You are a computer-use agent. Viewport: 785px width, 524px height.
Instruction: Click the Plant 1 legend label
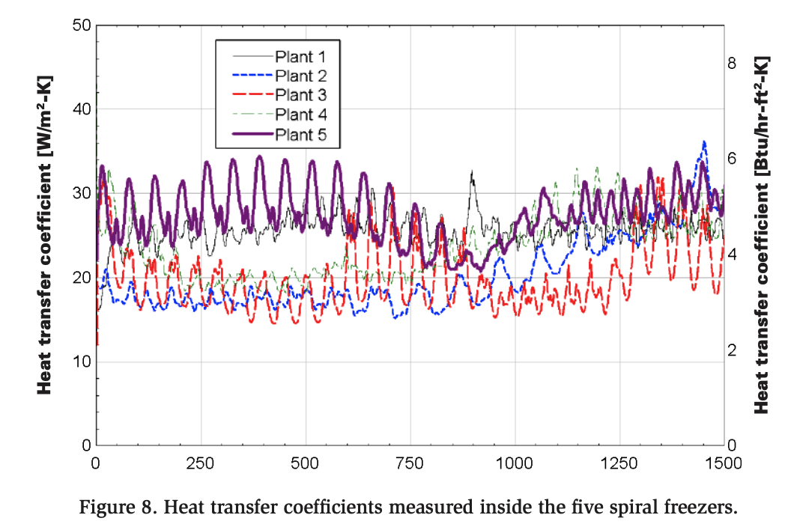(300, 56)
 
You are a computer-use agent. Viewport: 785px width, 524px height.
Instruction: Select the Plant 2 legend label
(300, 76)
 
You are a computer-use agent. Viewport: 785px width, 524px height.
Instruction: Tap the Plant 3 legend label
(300, 95)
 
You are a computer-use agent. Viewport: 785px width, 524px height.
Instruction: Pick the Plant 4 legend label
(300, 115)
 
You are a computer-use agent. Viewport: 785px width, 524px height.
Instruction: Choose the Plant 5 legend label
(300, 135)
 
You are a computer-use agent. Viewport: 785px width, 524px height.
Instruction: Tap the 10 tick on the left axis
(81, 362)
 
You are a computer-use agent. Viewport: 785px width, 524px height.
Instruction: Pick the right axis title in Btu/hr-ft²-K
(762, 235)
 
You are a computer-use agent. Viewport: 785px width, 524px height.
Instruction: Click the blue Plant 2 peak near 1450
(704, 142)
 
